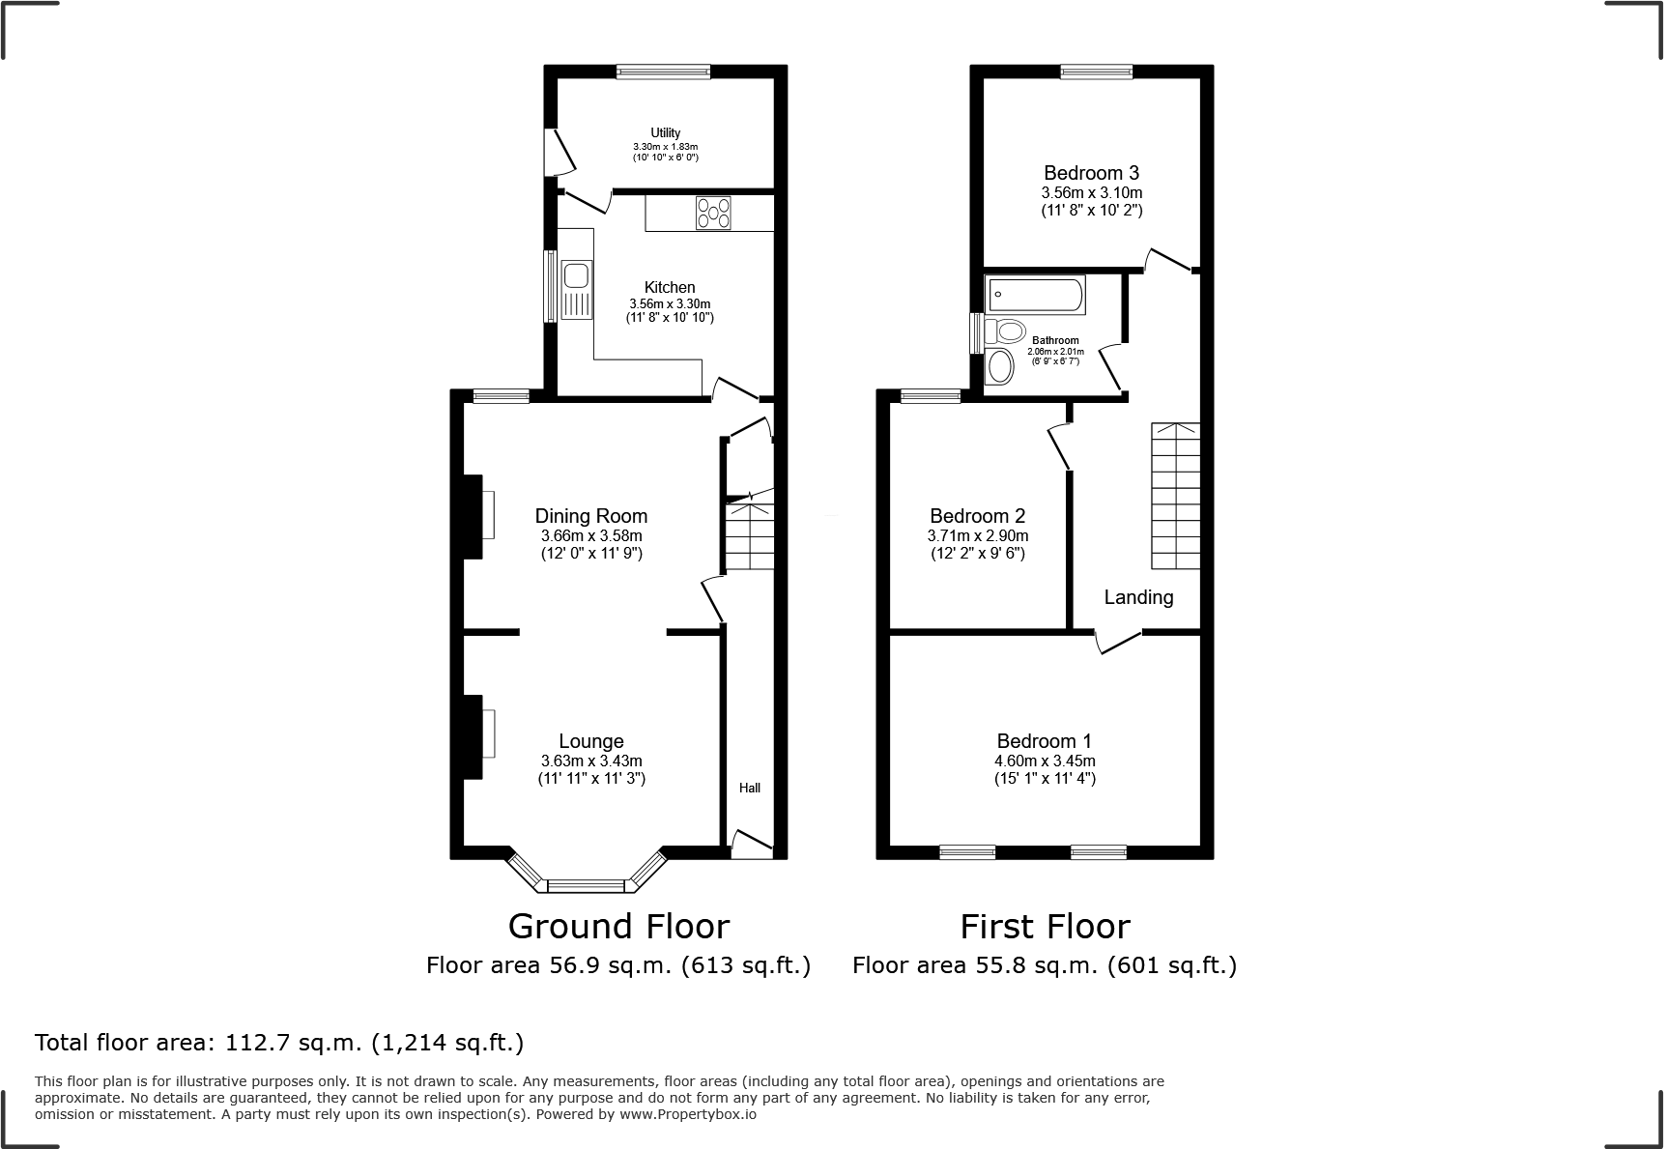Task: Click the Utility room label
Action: [665, 133]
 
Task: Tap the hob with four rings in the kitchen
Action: [713, 213]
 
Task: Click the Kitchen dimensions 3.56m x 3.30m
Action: [669, 303]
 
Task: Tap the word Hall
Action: [749, 789]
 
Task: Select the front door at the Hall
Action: [752, 844]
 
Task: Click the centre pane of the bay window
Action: [587, 884]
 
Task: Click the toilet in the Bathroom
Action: [1004, 332]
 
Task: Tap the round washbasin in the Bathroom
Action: [1000, 367]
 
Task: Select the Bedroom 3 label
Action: [1091, 173]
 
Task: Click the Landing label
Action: [1138, 597]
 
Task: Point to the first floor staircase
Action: [1174, 496]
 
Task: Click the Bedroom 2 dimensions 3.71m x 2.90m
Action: [977, 535]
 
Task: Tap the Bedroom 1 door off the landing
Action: [1118, 642]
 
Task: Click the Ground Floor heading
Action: [618, 926]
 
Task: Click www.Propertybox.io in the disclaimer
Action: [687, 1114]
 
